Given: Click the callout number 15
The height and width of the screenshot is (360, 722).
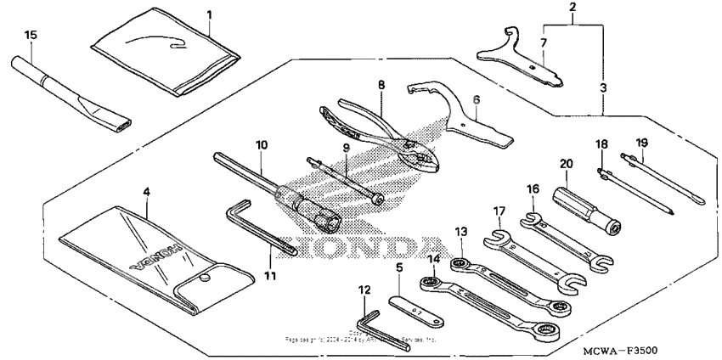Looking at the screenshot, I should click(31, 35).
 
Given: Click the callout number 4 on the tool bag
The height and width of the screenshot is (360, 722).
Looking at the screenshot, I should click(146, 193).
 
